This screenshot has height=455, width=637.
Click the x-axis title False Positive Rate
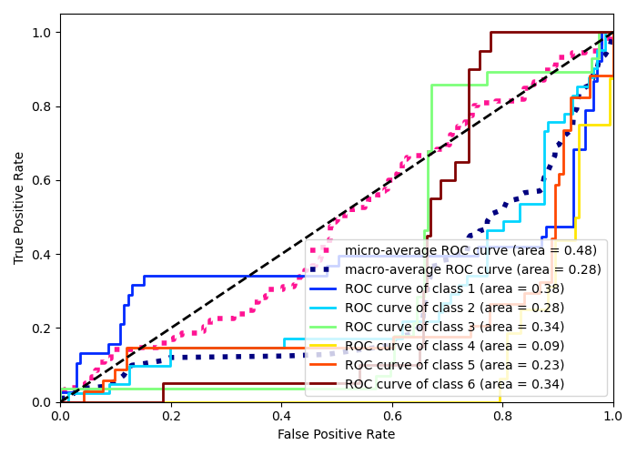(x=337, y=434)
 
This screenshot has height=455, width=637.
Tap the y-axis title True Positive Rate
(x=19, y=207)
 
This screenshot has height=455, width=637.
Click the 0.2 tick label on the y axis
(x=42, y=328)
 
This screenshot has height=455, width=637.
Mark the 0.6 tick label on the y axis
(x=42, y=180)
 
